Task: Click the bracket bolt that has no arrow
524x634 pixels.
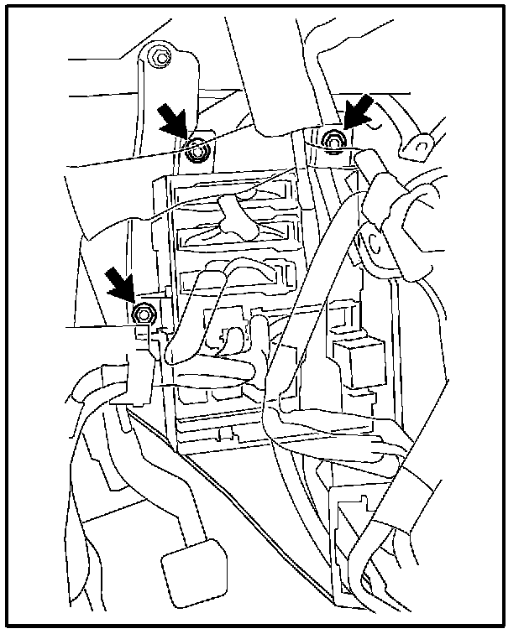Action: tap(159, 59)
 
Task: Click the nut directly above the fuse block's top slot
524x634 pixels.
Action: tap(199, 152)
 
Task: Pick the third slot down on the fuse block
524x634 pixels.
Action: tap(238, 277)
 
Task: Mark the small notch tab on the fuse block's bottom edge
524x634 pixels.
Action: tap(225, 434)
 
